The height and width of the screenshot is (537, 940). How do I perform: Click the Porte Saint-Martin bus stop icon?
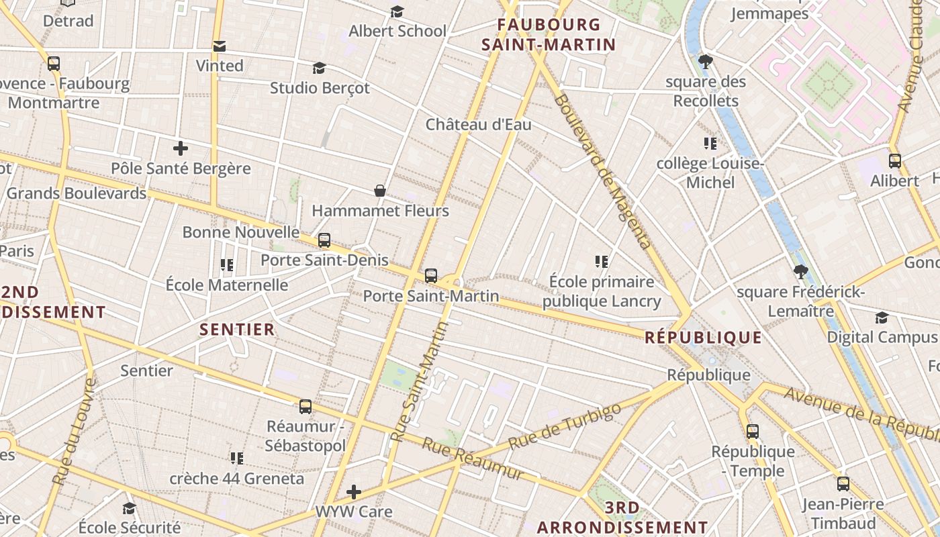[431, 275]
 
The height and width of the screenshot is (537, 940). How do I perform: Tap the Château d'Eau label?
[479, 125]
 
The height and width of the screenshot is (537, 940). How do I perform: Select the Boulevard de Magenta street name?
[603, 170]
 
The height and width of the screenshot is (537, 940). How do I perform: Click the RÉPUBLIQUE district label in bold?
[704, 338]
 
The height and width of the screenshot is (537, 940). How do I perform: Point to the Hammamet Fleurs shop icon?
[380, 191]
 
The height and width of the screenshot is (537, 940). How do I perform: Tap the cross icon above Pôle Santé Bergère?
[180, 148]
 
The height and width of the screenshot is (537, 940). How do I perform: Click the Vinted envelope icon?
[219, 46]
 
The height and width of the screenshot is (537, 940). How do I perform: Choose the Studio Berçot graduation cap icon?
[320, 68]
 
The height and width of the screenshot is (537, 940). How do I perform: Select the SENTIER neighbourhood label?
[238, 330]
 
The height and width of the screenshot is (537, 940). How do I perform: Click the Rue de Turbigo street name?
[561, 428]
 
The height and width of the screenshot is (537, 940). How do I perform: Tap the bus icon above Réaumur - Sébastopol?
[305, 406]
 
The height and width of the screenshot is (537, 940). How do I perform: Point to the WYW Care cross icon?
[354, 492]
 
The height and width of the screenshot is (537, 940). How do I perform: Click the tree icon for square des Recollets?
[705, 62]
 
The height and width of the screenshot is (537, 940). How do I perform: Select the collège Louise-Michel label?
[710, 173]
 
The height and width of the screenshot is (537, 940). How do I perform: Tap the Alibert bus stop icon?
[895, 161]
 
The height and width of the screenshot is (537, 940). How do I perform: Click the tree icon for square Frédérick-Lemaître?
[800, 272]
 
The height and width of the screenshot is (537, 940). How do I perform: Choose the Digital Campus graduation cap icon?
[882, 318]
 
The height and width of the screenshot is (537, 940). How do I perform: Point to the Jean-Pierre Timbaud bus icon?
[843, 484]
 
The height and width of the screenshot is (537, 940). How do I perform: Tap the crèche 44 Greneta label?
[236, 479]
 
